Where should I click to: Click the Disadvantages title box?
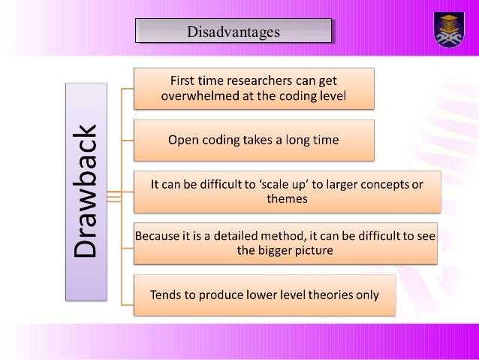pos(233,32)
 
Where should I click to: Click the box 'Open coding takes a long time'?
pos(253,139)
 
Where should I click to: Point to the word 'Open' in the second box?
pos(182,139)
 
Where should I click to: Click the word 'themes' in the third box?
pos(285,201)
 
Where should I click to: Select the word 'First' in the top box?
pos(185,80)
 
